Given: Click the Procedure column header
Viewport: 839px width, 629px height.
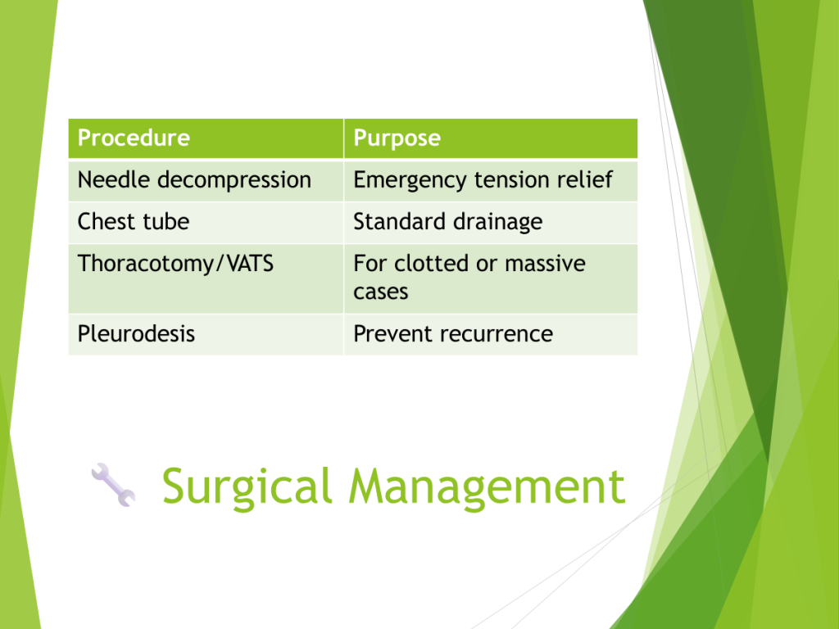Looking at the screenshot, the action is [206, 138].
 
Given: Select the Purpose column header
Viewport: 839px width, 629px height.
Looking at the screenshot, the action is [491, 138].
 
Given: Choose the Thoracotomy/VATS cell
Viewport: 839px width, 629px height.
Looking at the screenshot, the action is [206, 278].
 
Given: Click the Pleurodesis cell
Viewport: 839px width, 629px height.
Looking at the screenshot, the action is [206, 334].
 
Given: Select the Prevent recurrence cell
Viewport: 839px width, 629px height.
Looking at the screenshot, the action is [491, 334].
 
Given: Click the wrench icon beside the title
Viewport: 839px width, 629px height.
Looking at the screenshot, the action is [113, 485].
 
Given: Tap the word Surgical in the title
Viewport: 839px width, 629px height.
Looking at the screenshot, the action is [247, 486].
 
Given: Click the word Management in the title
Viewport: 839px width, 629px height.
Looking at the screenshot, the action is [487, 486].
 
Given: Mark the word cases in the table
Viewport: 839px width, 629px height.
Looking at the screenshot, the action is [380, 292].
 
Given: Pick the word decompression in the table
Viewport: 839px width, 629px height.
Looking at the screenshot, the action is [234, 180].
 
